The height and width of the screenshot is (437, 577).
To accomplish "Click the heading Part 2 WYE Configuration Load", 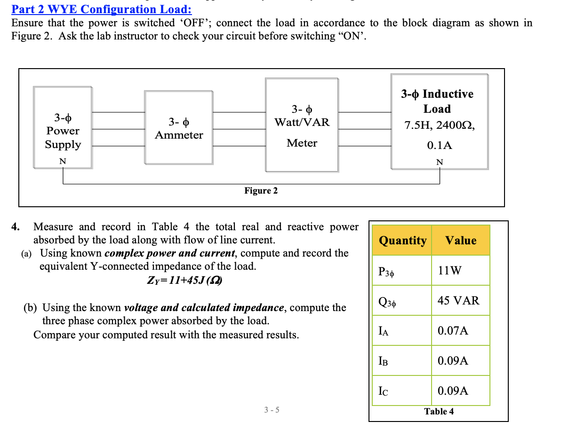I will [x=102, y=9].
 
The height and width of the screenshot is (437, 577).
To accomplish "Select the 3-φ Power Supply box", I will [x=63, y=127].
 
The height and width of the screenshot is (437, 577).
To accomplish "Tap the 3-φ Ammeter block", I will [x=179, y=128].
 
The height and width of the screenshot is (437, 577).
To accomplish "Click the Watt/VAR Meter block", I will [x=302, y=125].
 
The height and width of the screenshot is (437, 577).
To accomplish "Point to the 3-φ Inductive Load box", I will [x=440, y=121].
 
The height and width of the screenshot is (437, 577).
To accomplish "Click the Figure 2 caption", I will [x=261, y=191].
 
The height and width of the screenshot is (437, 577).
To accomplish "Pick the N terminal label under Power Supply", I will [x=62, y=162].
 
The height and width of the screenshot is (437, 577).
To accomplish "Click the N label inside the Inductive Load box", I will [x=440, y=163].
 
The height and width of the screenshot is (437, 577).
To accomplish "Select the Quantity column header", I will [x=402, y=241].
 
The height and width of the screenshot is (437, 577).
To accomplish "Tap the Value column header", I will [x=461, y=241].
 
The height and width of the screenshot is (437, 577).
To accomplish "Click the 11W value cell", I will [x=449, y=271].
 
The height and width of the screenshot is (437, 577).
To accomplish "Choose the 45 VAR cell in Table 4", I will [x=458, y=301].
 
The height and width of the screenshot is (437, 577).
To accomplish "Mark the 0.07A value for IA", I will [x=453, y=331].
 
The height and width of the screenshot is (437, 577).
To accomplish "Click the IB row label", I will [x=384, y=361].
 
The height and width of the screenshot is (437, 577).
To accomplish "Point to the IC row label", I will [x=384, y=391].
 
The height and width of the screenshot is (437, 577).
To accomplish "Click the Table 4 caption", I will [x=439, y=412].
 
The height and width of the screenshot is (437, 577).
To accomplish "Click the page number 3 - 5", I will [x=272, y=410].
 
